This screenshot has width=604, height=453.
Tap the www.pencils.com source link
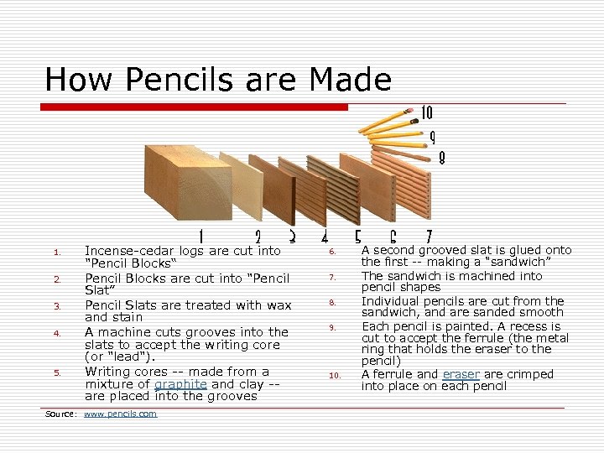tap(120, 414)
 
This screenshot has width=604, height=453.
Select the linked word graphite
tap(181, 384)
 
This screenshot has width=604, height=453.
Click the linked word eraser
tap(461, 374)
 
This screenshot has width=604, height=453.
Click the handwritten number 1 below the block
tap(200, 237)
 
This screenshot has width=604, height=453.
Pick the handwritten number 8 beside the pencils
tap(441, 157)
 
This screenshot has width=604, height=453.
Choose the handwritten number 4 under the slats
tap(325, 237)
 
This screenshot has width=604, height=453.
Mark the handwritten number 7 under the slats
tap(429, 237)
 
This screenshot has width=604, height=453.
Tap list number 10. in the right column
tap(333, 376)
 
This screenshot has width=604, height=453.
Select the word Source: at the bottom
tap(60, 414)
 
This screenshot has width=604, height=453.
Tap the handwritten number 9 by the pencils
tap(432, 136)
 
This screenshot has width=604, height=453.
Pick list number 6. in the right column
tap(332, 252)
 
